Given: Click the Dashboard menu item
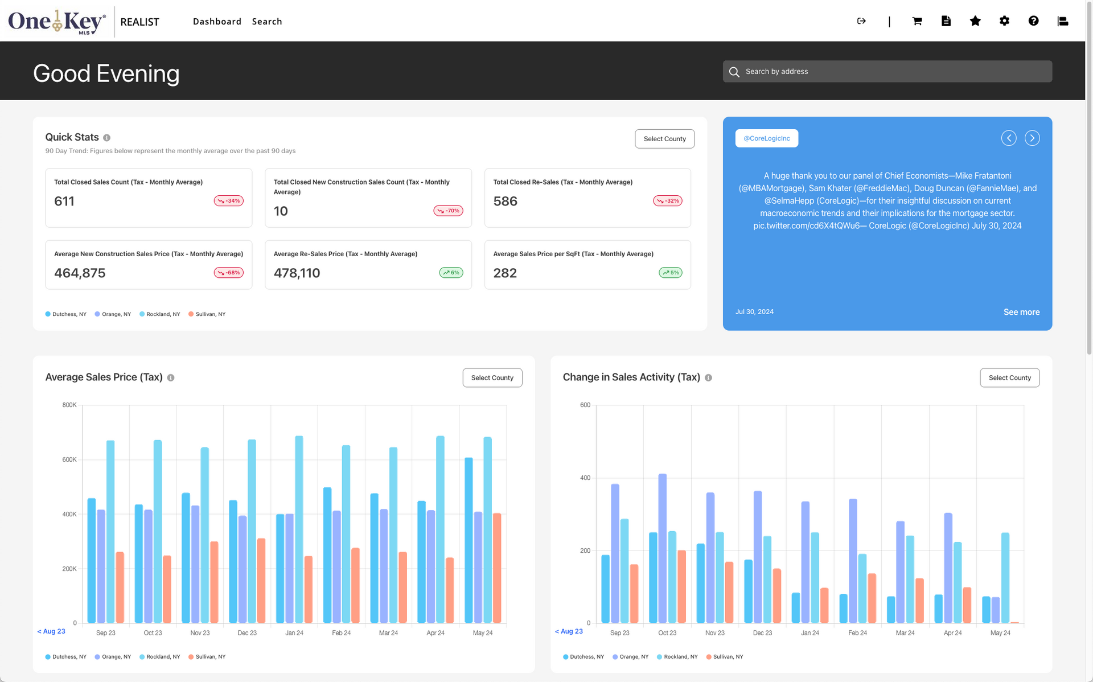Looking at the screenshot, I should click(217, 22).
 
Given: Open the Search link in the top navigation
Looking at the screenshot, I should click(267, 22).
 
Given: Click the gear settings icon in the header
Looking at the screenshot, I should click(1004, 21).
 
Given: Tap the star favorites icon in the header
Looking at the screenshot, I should click(975, 21).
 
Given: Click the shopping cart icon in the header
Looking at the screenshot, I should click(917, 21).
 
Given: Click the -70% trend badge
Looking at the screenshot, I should click(448, 211).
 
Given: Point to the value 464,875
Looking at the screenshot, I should click(80, 273).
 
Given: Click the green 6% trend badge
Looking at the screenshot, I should click(451, 273).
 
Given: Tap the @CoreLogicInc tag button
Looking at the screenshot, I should click(766, 138).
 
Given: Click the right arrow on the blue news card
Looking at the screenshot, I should click(1032, 138).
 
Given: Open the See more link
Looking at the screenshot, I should click(1021, 312).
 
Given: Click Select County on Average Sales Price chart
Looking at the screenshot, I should click(492, 378).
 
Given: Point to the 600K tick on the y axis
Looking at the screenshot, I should click(69, 459).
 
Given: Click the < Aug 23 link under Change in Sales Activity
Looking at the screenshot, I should click(569, 631).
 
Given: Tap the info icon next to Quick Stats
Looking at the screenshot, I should click(107, 138).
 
